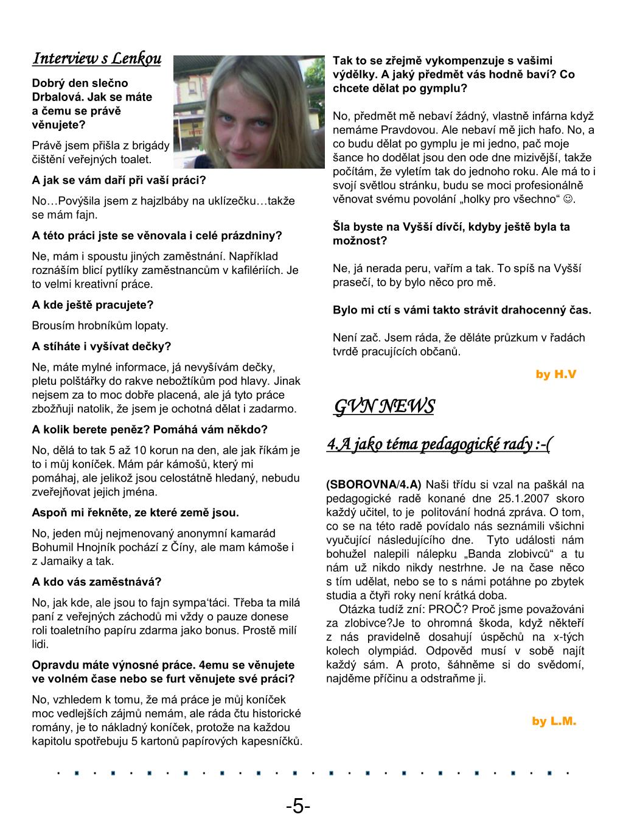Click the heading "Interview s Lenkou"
pos(97,58)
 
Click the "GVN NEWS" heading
pos(384,406)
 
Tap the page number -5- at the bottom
pos(298,807)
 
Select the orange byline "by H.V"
pos(555,374)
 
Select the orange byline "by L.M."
pos(554,721)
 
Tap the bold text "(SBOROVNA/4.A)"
pos(374,485)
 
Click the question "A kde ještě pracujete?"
pos(92,304)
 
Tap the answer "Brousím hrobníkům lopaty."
pos(100,326)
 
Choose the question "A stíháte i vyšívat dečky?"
pos(102,346)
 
